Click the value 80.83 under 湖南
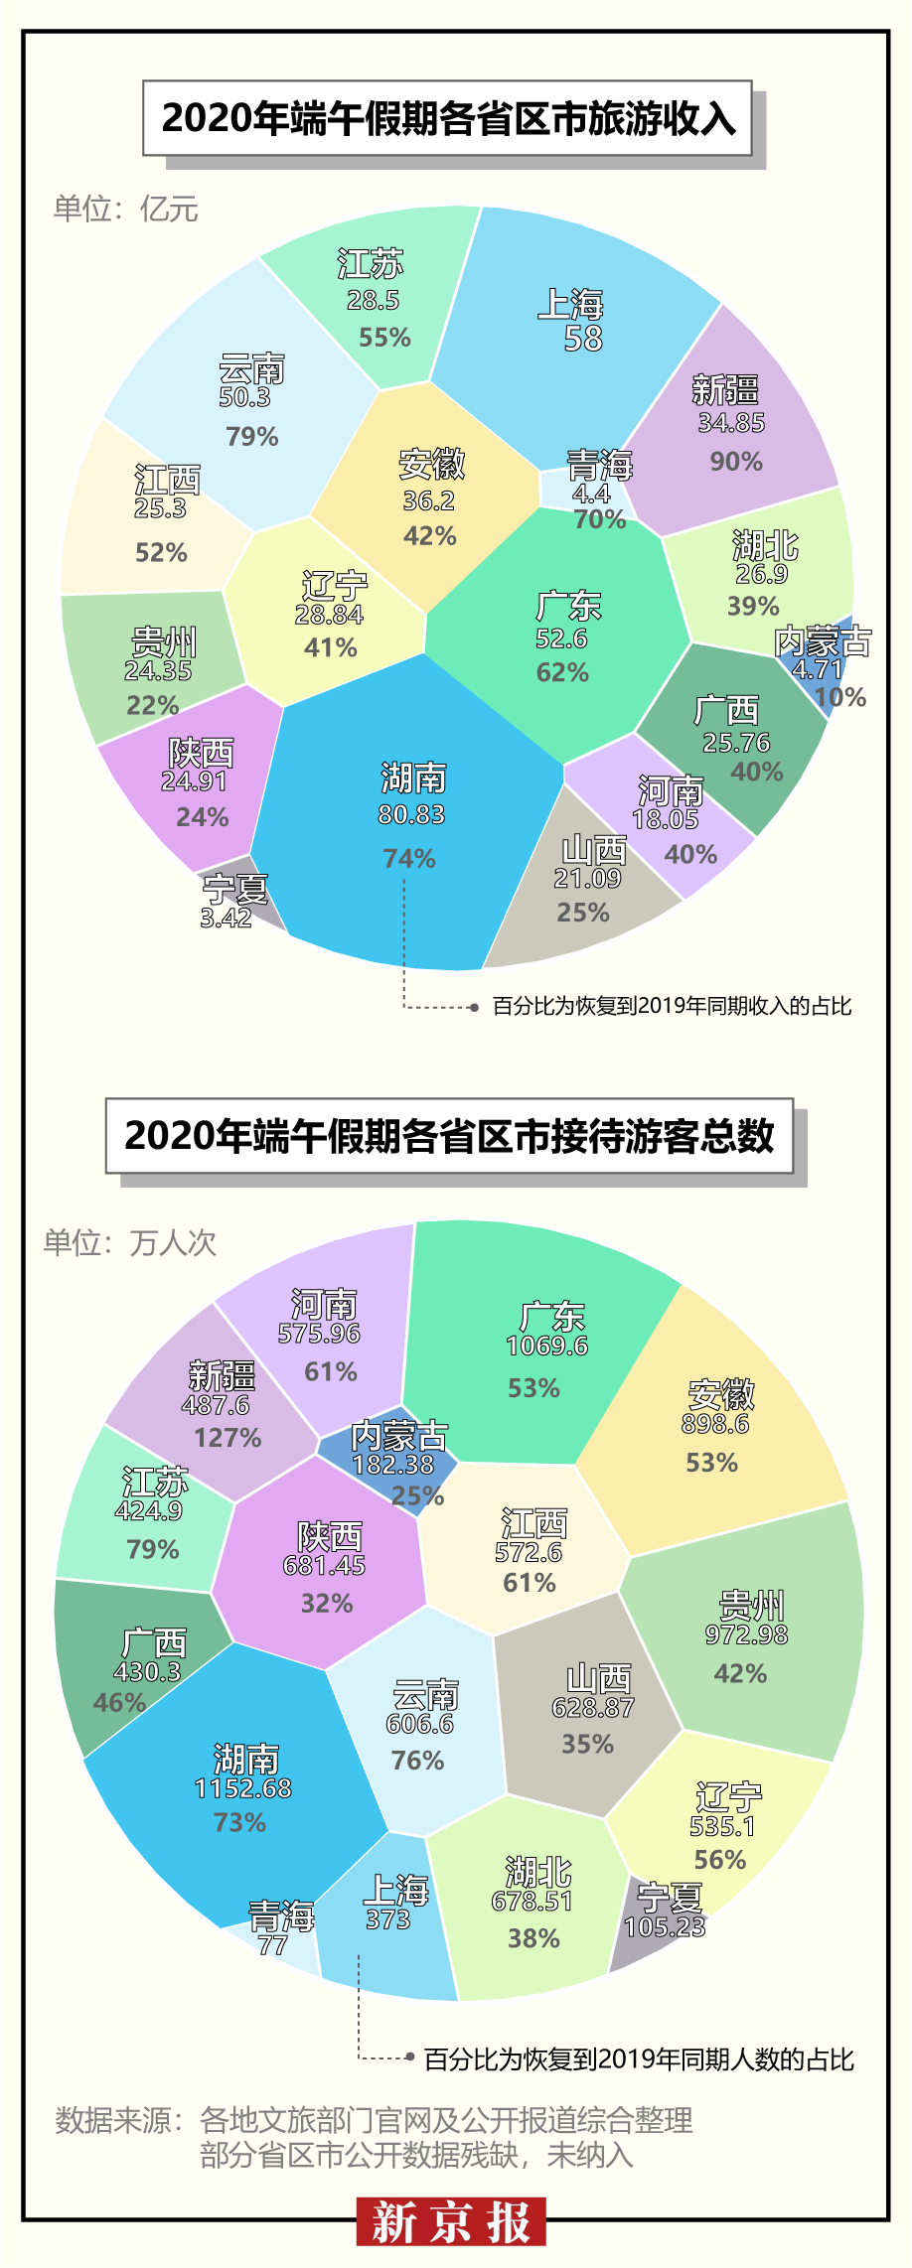tap(411, 814)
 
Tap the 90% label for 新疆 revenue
tap(736, 462)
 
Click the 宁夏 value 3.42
tap(226, 918)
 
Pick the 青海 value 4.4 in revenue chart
tap(591, 494)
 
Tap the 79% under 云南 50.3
tap(252, 437)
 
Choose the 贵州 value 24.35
tap(158, 671)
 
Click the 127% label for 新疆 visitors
tap(228, 1438)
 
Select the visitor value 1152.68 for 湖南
tap(243, 1788)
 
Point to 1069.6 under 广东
tap(546, 1346)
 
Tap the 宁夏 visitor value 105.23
tap(665, 1926)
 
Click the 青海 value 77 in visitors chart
tap(272, 1945)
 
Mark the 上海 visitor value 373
tap(387, 1919)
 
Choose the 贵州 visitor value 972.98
tap(746, 1634)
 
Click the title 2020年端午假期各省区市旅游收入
tap(448, 118)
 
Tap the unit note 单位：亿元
tap(126, 209)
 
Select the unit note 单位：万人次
tap(129, 1242)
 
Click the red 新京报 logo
tap(451, 2221)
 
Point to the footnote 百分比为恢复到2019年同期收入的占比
tap(672, 1006)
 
